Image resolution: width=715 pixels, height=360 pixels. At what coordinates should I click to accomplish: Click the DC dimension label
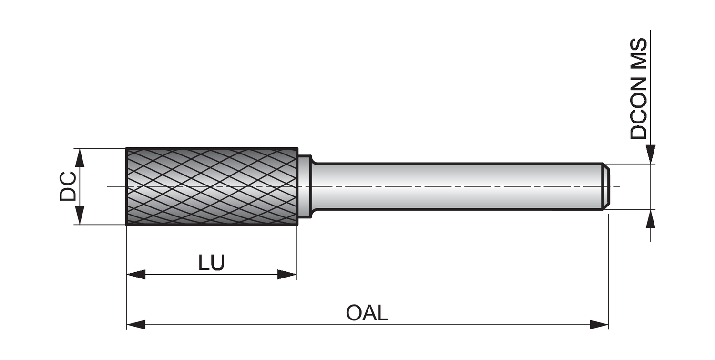[x=67, y=186]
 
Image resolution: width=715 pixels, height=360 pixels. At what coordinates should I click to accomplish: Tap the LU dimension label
[x=211, y=263]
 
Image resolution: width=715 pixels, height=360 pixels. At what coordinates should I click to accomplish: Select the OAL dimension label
[x=367, y=313]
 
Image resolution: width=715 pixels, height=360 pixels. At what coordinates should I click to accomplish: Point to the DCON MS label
[x=639, y=89]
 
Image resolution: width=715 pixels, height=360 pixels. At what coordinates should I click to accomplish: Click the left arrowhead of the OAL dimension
[x=136, y=325]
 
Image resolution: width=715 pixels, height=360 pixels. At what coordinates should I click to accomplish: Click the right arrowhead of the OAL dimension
[x=599, y=325]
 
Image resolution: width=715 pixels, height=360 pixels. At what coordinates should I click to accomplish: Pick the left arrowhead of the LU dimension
[x=136, y=274]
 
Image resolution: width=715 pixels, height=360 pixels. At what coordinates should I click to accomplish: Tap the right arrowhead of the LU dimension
[x=287, y=274]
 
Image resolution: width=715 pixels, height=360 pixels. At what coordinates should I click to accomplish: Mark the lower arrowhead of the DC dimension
[x=80, y=215]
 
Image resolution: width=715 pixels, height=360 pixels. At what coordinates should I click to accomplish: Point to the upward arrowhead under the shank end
[x=650, y=219]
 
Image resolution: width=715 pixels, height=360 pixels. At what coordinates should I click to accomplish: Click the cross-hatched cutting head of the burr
[x=212, y=186]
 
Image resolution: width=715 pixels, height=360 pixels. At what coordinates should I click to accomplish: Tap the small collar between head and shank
[x=304, y=186]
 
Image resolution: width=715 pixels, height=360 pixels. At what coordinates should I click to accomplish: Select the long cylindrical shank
[x=453, y=186]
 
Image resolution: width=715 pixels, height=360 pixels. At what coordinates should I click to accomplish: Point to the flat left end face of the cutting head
[x=126, y=186]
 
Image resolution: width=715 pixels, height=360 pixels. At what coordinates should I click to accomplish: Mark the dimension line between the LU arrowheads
[x=211, y=275]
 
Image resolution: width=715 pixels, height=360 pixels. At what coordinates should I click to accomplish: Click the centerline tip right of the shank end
[x=617, y=186]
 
